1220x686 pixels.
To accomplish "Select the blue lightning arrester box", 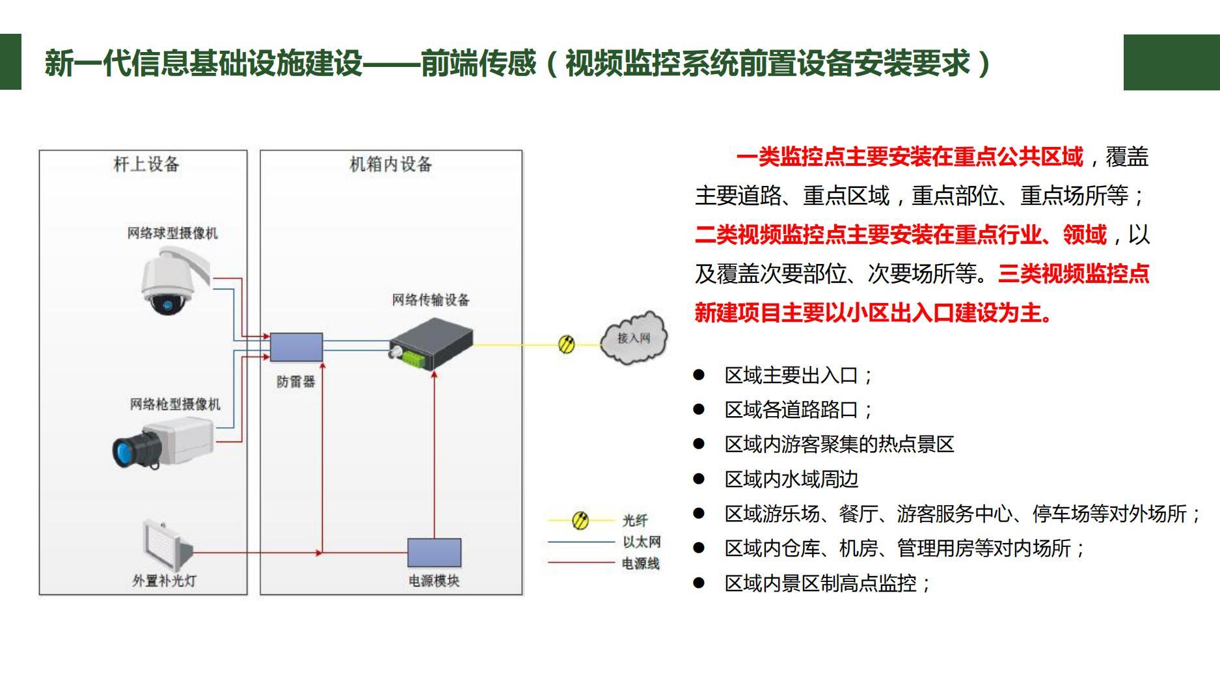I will (x=296, y=347).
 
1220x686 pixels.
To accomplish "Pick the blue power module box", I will (x=434, y=553).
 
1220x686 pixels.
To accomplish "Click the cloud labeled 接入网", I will (x=633, y=338).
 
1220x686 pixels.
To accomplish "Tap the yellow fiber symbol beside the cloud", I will (x=567, y=344).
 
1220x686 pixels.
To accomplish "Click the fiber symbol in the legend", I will (x=580, y=520).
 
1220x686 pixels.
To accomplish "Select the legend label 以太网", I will (x=642, y=542).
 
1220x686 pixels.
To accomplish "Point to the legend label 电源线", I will (x=640, y=563).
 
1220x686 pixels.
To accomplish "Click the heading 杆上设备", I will (x=146, y=164).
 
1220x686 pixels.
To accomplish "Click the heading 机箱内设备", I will (x=391, y=164).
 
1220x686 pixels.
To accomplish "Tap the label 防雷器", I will (x=295, y=382).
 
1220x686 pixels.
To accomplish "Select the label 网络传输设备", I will (x=430, y=300).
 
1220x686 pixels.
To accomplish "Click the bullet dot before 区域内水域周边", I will (x=699, y=479).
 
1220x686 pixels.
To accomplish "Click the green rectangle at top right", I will (x=1171, y=62).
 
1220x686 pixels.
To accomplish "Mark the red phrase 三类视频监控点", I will (x=1074, y=274).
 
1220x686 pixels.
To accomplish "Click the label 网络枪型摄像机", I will (x=175, y=404).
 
